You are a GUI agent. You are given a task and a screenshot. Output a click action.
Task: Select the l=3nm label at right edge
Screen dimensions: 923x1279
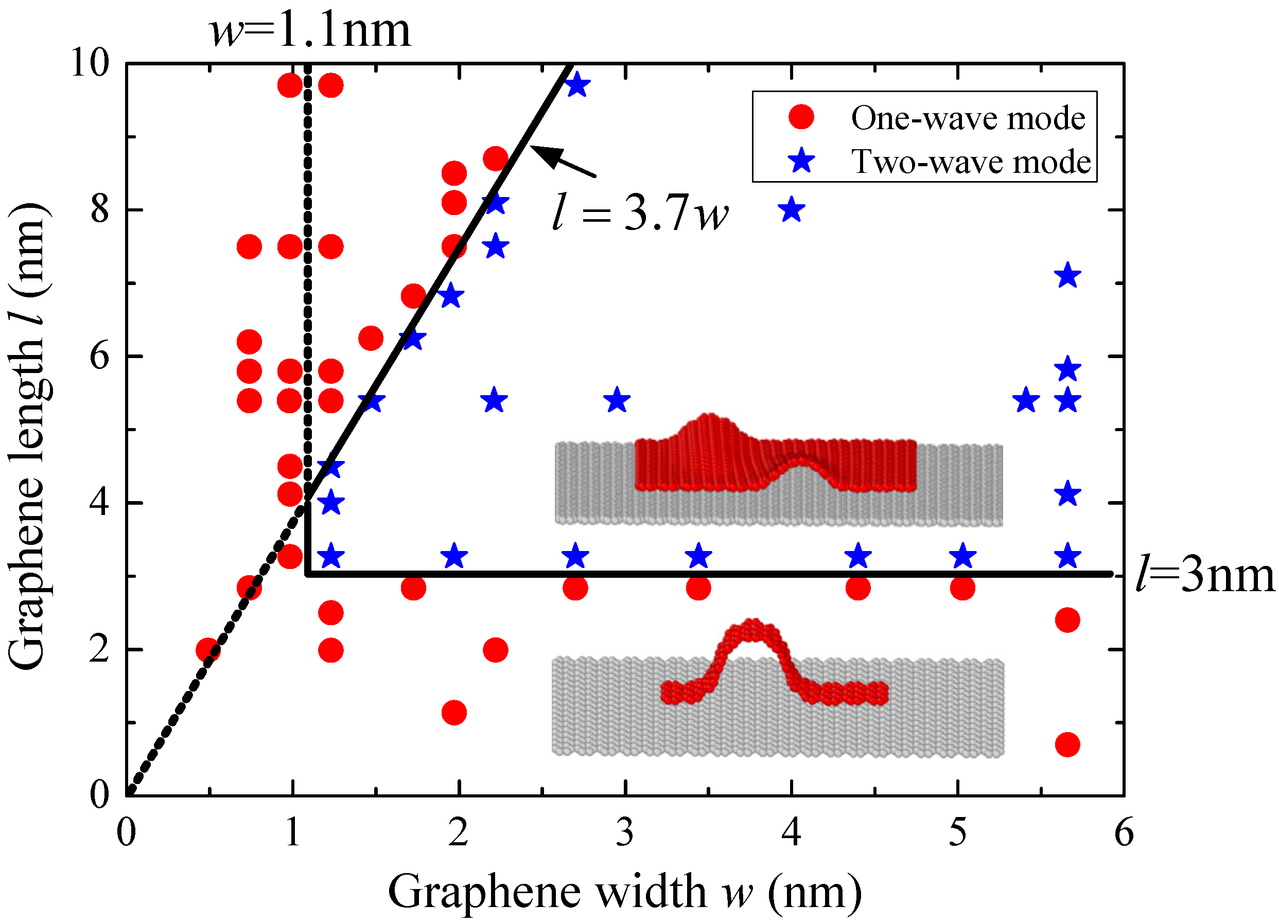[x=1204, y=576]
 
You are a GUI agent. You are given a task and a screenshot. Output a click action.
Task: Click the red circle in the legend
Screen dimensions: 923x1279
[x=801, y=117]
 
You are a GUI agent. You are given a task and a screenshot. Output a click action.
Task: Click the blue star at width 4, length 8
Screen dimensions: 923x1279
[x=791, y=210]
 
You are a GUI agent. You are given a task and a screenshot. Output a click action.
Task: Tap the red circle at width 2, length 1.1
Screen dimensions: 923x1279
[x=454, y=713]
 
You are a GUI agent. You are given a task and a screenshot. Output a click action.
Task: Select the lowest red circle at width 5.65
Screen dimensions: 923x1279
[x=1067, y=745]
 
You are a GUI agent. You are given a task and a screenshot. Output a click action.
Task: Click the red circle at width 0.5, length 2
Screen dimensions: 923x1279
[x=208, y=649]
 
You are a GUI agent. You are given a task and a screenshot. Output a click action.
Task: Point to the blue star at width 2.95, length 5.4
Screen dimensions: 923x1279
[x=617, y=400]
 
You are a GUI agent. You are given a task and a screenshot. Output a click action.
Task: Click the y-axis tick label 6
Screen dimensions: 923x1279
[x=99, y=357]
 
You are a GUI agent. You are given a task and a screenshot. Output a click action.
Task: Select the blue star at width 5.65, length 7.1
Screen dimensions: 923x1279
[x=1067, y=276]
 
